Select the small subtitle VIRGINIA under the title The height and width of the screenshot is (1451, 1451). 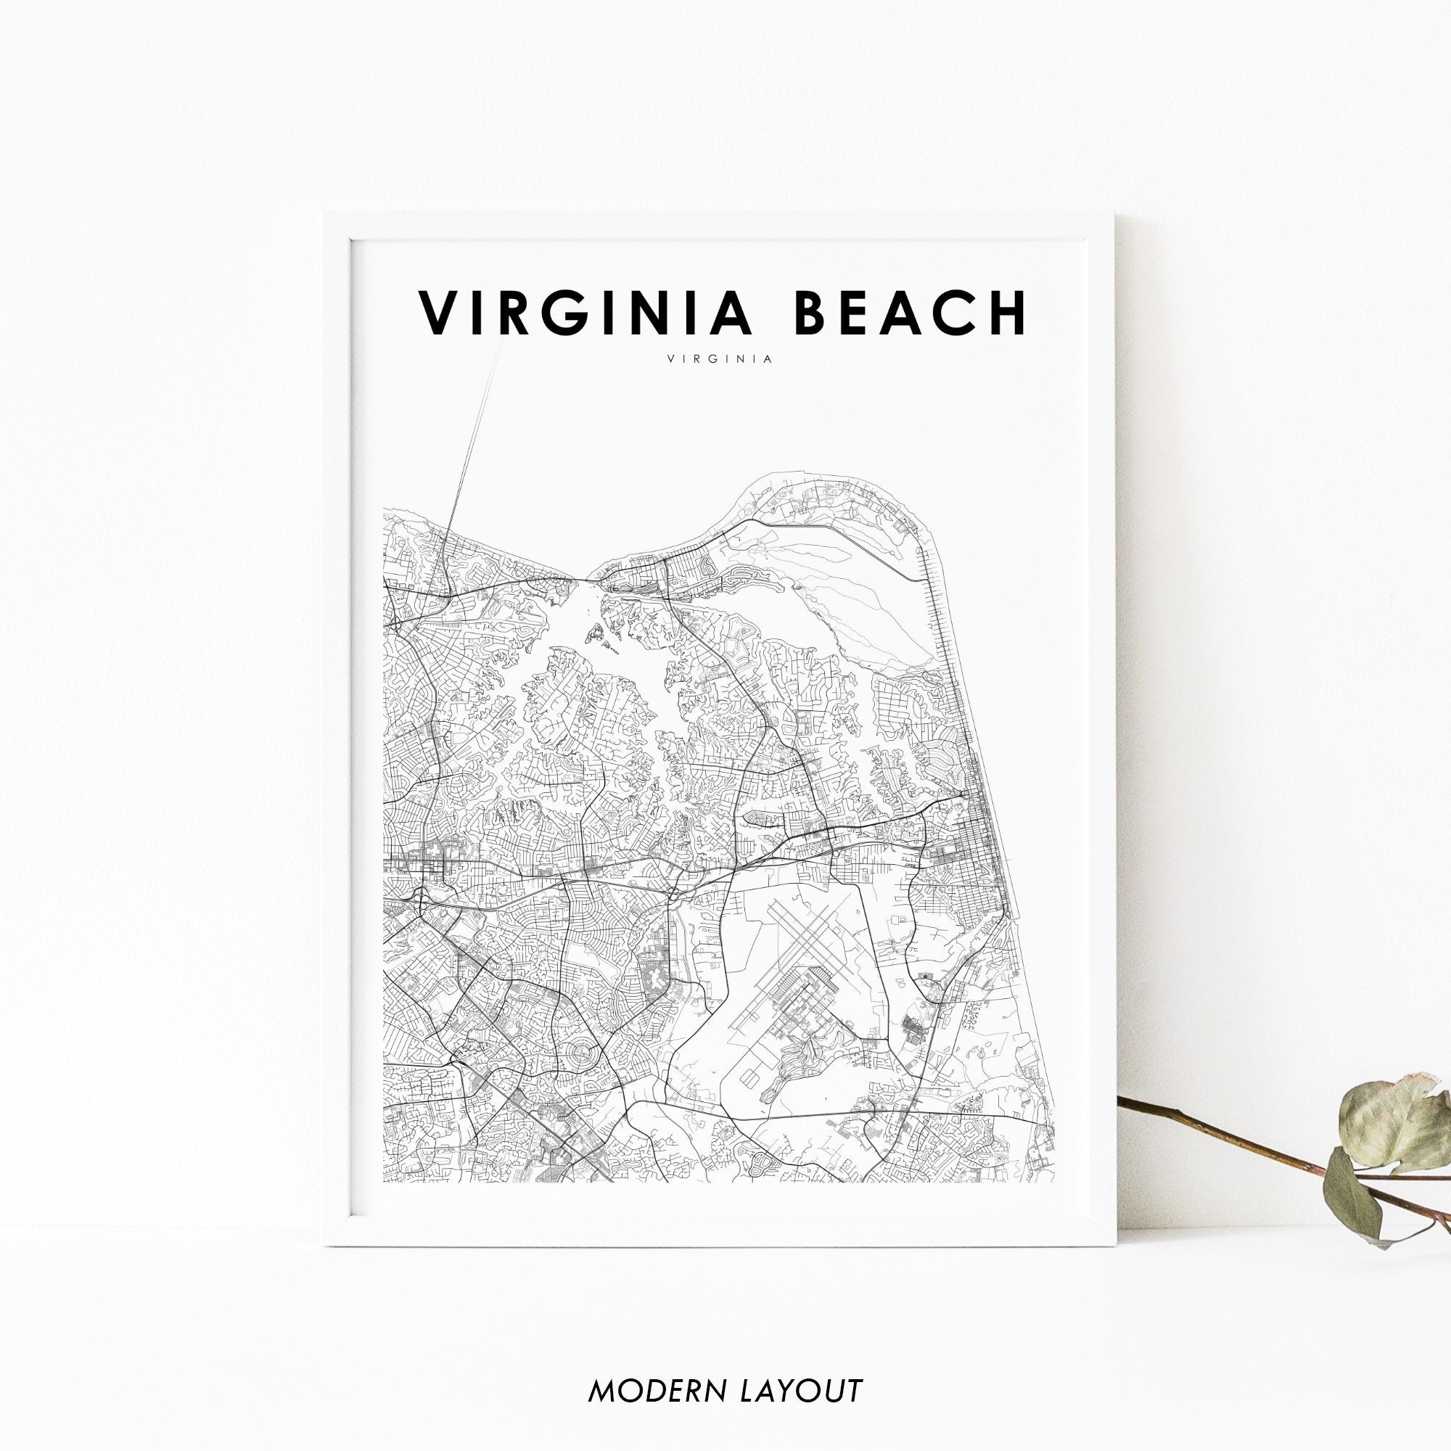719,359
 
